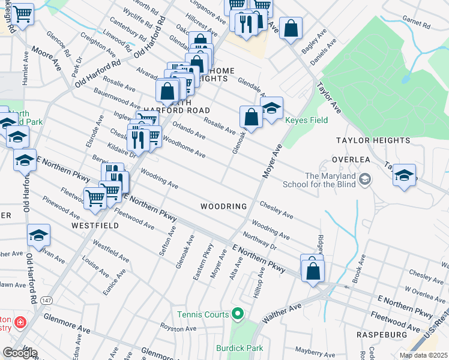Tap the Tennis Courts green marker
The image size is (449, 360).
pyautogui.click(x=238, y=314)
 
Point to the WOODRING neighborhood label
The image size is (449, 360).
pyautogui.click(x=224, y=206)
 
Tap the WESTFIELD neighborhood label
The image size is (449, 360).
pyautogui.click(x=95, y=226)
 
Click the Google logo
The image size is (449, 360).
pyautogui.click(x=20, y=352)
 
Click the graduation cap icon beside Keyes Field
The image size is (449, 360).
pyautogui.click(x=271, y=109)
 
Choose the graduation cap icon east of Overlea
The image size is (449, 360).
pyautogui.click(x=405, y=176)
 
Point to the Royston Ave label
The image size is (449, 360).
pyautogui.click(x=178, y=328)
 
